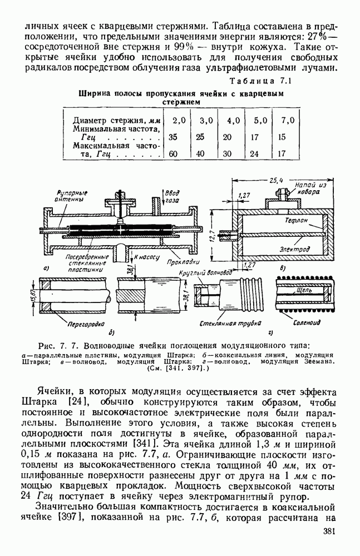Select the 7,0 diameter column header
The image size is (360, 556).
tap(288, 120)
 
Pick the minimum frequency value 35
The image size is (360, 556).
tap(173, 137)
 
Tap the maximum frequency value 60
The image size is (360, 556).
tap(173, 154)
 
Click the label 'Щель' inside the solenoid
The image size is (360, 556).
tap(305, 290)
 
